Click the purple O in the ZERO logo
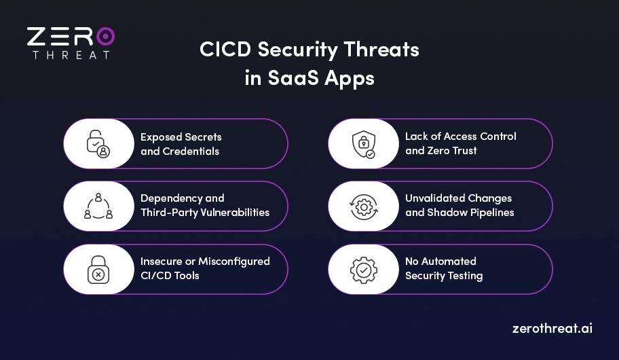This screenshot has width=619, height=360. [105, 36]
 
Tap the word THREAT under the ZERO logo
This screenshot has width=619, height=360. [71, 55]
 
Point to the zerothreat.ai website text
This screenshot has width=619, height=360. [552, 328]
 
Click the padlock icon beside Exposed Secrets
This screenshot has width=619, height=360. [98, 143]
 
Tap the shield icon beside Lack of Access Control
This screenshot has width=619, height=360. [362, 143]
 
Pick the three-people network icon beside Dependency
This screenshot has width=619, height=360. [98, 206]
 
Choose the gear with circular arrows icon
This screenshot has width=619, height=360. [362, 206]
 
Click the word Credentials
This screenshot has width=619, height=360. [191, 151]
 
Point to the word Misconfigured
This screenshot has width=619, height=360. [234, 261]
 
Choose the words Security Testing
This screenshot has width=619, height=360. [444, 276]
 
